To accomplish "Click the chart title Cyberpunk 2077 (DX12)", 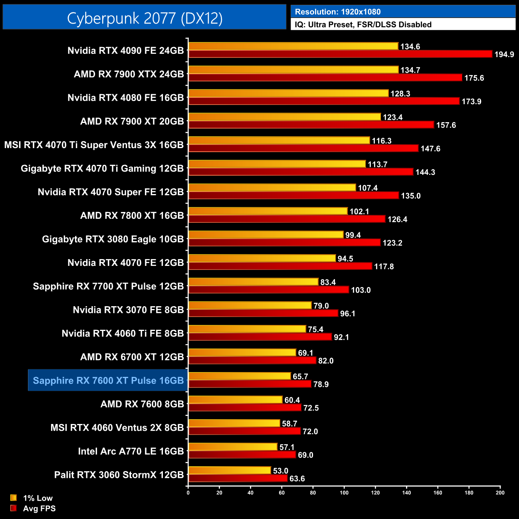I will coord(145,18).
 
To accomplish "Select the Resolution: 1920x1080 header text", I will coord(338,12).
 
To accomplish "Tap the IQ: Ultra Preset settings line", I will coord(363,25).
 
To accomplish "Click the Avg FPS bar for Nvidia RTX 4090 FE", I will coord(340,54).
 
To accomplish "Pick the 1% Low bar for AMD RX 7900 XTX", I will coord(293,70).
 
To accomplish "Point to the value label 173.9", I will coord(471,101).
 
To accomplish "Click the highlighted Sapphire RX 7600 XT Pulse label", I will coord(108,380).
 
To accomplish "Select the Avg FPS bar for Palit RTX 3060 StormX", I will coord(238,478).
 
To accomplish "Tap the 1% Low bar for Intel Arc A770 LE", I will coord(233,447).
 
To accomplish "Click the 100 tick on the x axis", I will coord(344,493).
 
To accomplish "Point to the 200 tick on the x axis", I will coord(500,493).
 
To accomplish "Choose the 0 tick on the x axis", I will coord(188,493).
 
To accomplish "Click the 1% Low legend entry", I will coord(38,498).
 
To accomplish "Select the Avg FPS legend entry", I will coord(39,509).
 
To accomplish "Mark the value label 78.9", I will coord(321,384).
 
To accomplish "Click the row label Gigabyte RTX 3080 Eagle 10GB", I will coord(113,239).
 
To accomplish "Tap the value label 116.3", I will coord(382,141).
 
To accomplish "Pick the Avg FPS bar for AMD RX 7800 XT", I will coord(287,219).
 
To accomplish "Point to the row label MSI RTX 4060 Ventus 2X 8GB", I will coord(117,428).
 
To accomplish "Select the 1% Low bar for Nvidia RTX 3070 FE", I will coord(250,305).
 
